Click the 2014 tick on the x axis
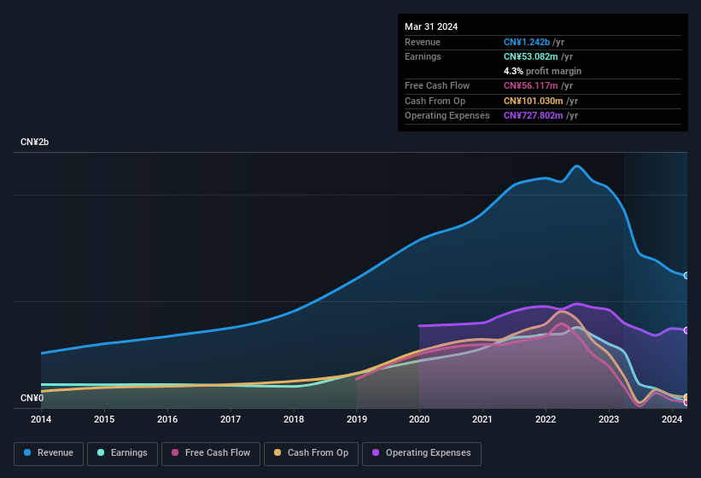click(41, 419)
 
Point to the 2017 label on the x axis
click(231, 419)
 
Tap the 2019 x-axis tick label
click(357, 419)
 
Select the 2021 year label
click(482, 419)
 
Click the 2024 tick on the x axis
click(672, 419)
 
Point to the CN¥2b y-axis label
click(35, 142)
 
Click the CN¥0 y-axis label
click(32, 399)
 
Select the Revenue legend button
click(49, 453)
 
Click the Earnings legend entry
click(123, 453)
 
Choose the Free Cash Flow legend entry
click(210, 453)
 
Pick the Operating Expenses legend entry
click(421, 453)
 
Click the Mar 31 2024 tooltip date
click(431, 26)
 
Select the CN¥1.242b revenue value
click(527, 42)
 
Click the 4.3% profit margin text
click(542, 71)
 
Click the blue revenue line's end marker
click(686, 276)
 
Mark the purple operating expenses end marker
click(686, 330)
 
